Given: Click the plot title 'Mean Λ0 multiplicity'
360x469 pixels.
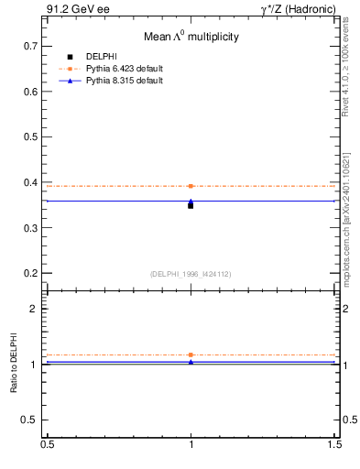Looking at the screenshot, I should coord(191,37).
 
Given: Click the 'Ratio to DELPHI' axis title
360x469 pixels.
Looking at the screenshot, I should coord(15,364).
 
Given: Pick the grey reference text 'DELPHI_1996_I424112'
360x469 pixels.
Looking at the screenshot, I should coord(191,273).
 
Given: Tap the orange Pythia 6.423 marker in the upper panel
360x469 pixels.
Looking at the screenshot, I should coord(191,186).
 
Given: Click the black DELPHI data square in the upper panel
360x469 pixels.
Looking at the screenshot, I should coord(191,205).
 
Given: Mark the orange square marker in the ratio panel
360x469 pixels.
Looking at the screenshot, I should coord(191,354).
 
